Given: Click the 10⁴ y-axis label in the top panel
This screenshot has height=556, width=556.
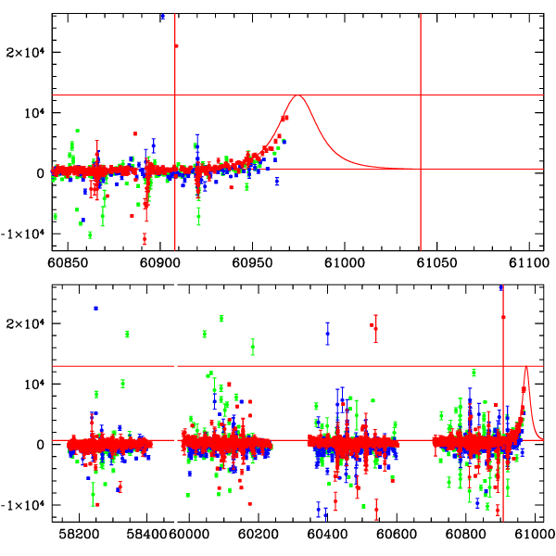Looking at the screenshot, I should tap(33, 112).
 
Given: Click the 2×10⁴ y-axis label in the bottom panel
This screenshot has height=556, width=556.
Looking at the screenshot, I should tap(28, 323).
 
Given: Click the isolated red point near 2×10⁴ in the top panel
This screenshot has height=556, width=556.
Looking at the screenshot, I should tap(176, 45).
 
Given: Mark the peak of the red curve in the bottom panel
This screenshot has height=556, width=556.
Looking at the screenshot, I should tap(526, 367).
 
